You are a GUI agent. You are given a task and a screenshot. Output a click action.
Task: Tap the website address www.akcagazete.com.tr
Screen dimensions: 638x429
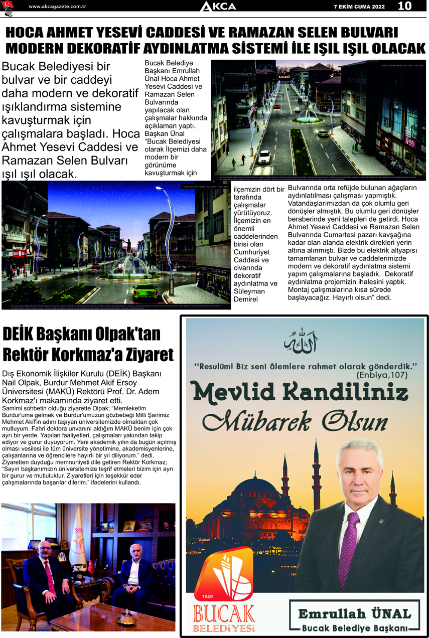click(x=58, y=7)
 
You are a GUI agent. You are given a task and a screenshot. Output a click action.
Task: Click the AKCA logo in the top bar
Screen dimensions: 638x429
click(x=218, y=7)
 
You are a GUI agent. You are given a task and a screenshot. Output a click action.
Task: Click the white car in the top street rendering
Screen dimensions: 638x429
click(x=264, y=156)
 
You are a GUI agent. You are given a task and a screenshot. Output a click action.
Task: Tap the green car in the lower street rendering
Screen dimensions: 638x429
click(x=146, y=290)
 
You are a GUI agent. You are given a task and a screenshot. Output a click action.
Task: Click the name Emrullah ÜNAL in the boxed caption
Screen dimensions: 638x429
click(x=354, y=613)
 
